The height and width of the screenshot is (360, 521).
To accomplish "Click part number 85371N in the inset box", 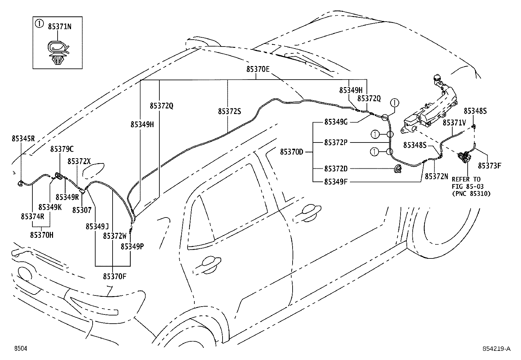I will click(x=60, y=27).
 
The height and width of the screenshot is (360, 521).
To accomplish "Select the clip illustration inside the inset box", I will click(x=58, y=52).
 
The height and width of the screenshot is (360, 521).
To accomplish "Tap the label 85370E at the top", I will click(x=258, y=69).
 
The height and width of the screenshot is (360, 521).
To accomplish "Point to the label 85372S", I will click(x=229, y=111).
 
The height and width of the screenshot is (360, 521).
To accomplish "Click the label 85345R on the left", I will click(x=23, y=139).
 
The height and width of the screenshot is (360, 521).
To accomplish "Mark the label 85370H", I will click(x=42, y=235).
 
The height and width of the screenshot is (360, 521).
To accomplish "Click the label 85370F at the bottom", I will click(x=115, y=276).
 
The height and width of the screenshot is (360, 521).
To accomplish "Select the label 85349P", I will click(x=132, y=246).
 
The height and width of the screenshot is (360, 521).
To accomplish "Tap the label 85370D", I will click(x=292, y=152).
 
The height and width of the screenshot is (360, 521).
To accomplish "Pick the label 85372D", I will click(x=336, y=168).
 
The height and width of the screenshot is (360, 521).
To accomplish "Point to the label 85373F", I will click(x=489, y=165).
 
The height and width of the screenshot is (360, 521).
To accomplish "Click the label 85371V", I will click(x=454, y=123).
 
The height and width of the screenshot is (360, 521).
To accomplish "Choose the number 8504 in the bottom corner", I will click(x=20, y=349).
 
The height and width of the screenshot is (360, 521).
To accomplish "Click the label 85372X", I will click(x=79, y=161).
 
